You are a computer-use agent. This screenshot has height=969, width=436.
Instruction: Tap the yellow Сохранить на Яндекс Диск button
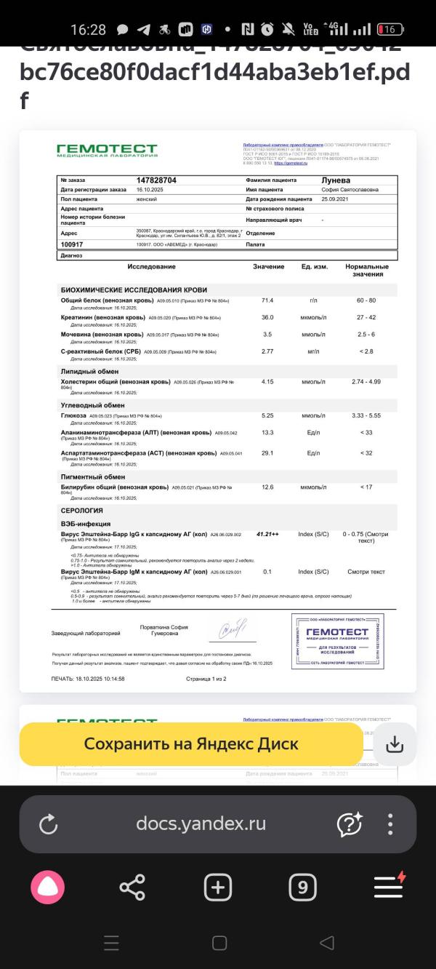coord(190,743)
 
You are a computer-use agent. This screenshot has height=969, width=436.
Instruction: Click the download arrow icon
coord(394,743)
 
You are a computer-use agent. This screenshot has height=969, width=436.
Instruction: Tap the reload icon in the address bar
coord(48,824)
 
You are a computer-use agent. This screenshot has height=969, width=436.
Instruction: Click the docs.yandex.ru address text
coord(201,824)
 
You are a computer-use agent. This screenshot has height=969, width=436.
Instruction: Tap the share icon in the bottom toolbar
coord(132,887)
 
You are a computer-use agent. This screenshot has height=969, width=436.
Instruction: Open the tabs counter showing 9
coord(302,887)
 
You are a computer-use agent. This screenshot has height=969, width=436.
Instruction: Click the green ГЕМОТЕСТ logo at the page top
coord(107,151)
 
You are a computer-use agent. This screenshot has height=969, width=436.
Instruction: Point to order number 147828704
coord(156,180)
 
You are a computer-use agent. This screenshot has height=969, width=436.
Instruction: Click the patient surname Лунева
coord(336,180)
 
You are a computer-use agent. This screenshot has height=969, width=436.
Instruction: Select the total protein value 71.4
coord(267,300)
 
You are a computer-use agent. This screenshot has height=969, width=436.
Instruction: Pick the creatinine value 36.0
coord(267,317)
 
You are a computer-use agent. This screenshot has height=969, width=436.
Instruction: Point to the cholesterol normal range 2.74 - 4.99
coord(366,382)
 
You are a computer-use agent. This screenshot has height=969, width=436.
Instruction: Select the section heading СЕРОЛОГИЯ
coord(81,511)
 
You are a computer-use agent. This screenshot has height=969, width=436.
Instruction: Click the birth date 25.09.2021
coord(341,199)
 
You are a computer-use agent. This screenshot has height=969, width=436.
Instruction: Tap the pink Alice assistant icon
coord(47,887)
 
